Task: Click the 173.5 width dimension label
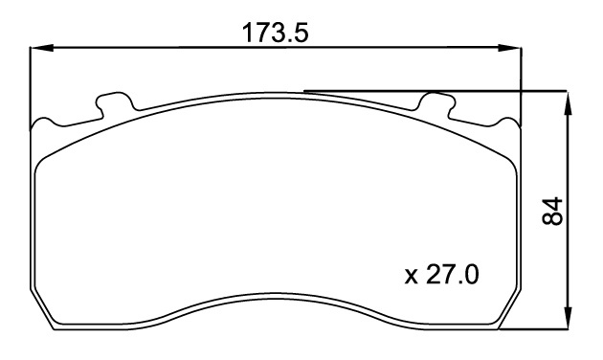pyautogui.click(x=275, y=34)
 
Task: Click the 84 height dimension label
pyautogui.click(x=552, y=212)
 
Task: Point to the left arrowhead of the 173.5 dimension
pyautogui.click(x=41, y=48)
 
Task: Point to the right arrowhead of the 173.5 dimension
pyautogui.click(x=510, y=48)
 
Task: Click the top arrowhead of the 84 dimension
pyautogui.click(x=568, y=102)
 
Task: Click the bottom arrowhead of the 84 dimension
pyautogui.click(x=568, y=318)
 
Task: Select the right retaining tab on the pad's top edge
pyautogui.click(x=436, y=102)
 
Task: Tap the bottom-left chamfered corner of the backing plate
pyautogui.click(x=42, y=309)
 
